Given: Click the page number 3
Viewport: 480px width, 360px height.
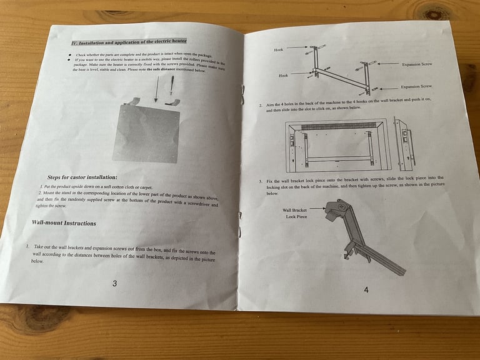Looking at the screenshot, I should click(x=114, y=284).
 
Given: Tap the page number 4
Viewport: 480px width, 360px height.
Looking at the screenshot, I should click(x=366, y=289).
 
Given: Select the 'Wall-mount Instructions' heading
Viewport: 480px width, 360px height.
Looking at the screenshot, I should click(x=64, y=222).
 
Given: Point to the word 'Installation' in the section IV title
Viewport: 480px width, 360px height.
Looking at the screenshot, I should click(x=97, y=42).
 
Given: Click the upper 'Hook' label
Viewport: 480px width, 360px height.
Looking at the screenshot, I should click(x=279, y=49).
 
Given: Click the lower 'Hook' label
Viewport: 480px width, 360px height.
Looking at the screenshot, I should click(x=283, y=75).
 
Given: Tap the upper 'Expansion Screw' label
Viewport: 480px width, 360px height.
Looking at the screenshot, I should click(x=416, y=64).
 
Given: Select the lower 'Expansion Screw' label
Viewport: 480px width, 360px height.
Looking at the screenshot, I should click(x=416, y=86).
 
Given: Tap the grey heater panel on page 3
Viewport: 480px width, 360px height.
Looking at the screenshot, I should click(x=146, y=133).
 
